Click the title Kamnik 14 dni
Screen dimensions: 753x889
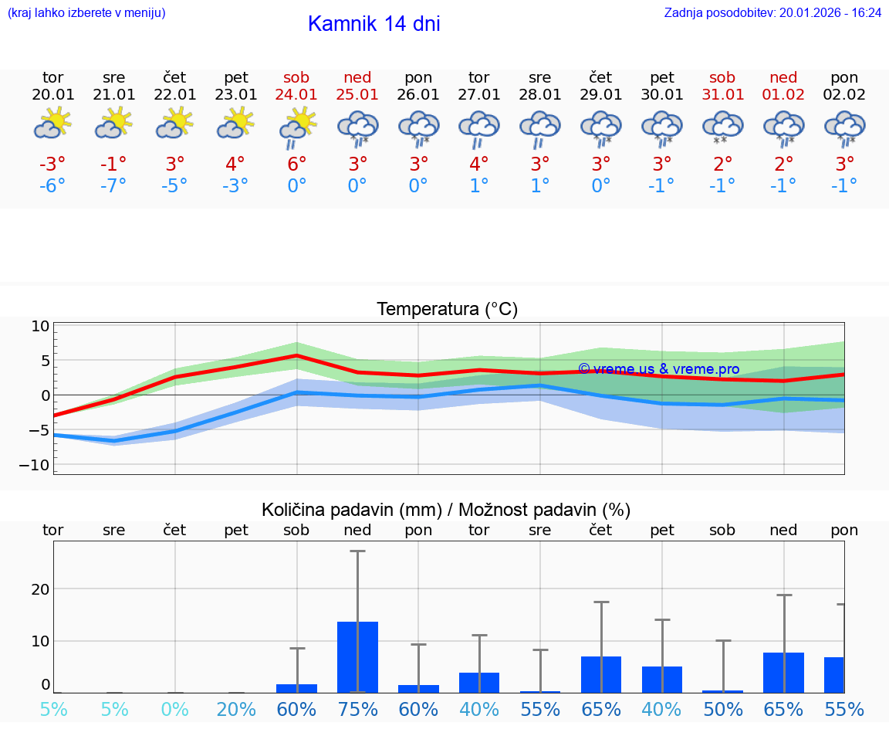tap(374, 24)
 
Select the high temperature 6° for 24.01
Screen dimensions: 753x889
tap(297, 164)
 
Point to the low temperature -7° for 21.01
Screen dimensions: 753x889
tap(113, 186)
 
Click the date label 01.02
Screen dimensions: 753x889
tap(783, 95)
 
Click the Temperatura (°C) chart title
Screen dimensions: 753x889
tap(447, 310)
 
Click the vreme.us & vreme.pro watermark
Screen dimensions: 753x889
tap(658, 369)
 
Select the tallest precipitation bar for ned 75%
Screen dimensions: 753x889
tap(357, 656)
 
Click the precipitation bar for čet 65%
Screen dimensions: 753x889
tap(601, 674)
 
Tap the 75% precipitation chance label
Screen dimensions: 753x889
tap(357, 709)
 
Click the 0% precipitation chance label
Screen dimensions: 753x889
tap(175, 709)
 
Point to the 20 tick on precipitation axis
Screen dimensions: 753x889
tap(40, 589)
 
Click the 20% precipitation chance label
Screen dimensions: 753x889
tap(236, 709)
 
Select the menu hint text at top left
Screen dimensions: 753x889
tap(86, 13)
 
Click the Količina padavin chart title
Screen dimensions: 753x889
tap(446, 510)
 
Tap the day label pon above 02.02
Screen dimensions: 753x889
tap(844, 78)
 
